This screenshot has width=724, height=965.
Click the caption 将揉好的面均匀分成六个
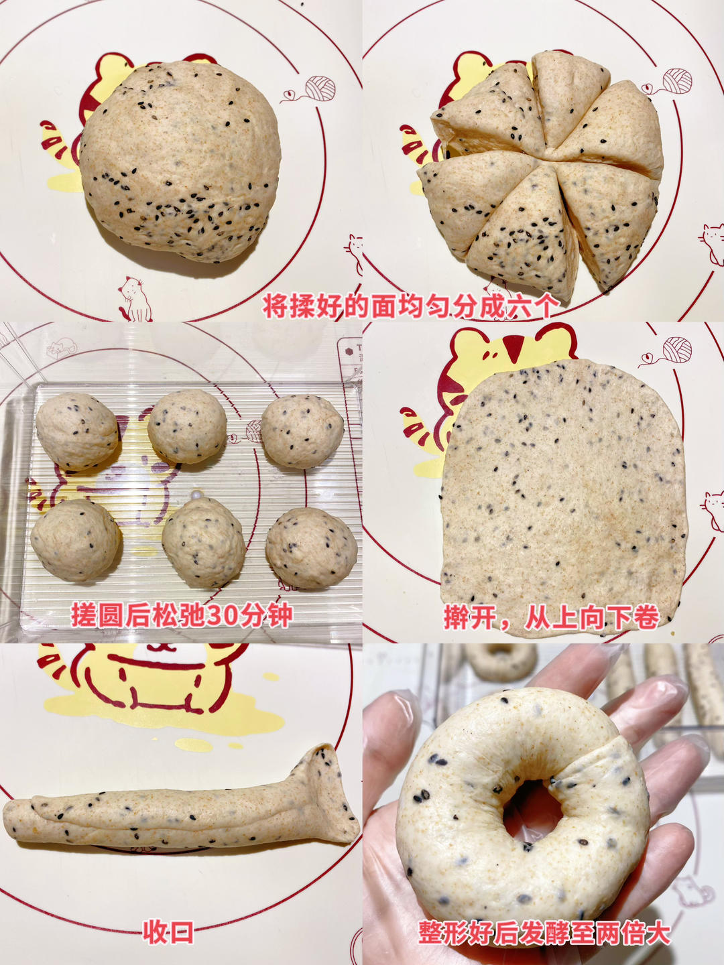(410, 306)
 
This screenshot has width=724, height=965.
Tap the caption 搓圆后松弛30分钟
(181, 615)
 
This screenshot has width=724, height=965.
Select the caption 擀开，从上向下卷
(551, 617)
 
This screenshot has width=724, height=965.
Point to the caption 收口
(168, 931)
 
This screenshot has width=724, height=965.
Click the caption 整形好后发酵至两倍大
(544, 932)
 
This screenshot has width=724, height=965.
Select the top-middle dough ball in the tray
(187, 426)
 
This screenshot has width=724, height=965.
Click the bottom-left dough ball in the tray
(76, 539)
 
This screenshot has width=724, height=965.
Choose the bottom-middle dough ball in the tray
(203, 541)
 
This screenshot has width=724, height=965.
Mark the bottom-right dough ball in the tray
(311, 548)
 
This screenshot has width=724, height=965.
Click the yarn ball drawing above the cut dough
(675, 81)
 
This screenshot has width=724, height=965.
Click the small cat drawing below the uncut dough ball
(136, 299)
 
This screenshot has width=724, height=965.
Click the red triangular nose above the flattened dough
(515, 349)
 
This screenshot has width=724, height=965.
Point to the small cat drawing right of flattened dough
(713, 509)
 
